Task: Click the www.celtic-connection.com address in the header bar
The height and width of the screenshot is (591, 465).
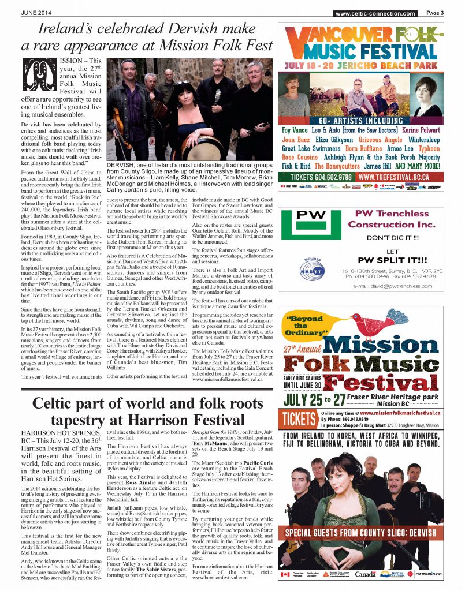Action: (x=374, y=13)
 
